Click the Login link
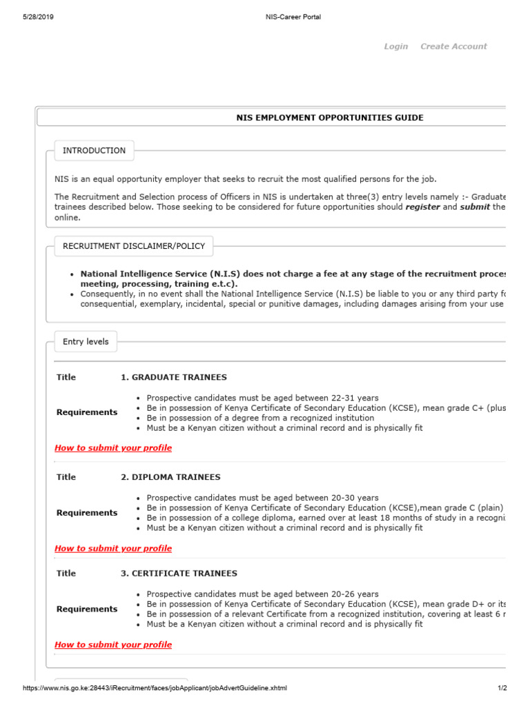pos(395,46)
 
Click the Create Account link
pos(453,46)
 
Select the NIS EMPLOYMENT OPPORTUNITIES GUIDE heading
pos(330,118)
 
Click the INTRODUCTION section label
pos(94,150)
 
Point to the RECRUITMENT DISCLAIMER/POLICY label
pos(134,245)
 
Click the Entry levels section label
pos(86,341)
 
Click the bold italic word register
pos(422,207)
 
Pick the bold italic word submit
pos(475,207)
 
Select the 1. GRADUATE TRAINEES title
pos(173,377)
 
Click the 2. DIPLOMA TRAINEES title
pos(170,477)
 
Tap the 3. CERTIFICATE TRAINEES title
pos(179,573)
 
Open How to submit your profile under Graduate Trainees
pos(113,447)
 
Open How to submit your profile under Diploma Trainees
pos(113,548)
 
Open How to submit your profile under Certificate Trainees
pos(113,645)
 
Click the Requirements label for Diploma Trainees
pos(87,513)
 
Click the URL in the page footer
pos(155,688)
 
